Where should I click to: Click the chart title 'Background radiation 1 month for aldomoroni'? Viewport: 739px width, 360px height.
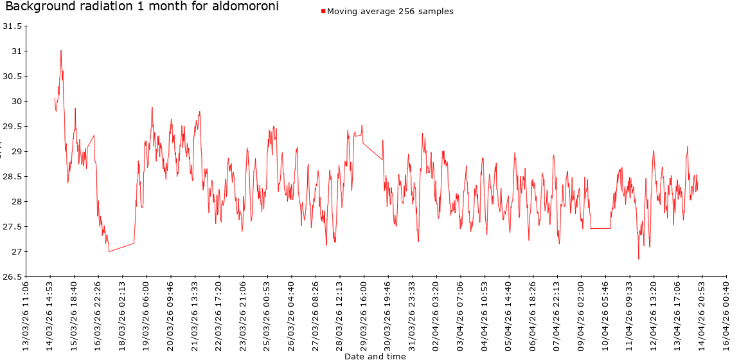(142, 7)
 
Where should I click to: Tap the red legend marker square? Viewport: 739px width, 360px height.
(323, 12)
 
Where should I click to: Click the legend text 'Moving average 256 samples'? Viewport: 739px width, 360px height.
(390, 12)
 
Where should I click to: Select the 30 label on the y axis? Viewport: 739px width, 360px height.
(16, 102)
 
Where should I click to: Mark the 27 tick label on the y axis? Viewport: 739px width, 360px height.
(16, 252)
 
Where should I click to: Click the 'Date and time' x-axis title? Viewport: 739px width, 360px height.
(375, 355)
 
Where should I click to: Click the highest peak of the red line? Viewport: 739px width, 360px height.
(61, 50)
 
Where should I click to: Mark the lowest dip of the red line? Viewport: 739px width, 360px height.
(638, 259)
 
